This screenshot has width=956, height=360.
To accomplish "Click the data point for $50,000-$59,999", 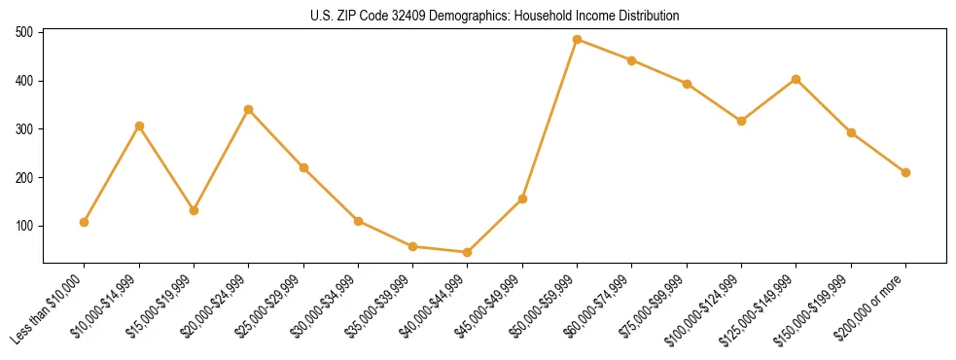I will [x=577, y=40].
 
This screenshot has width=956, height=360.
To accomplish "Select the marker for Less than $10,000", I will [x=85, y=222].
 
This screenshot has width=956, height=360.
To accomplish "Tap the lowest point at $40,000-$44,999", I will [x=468, y=252].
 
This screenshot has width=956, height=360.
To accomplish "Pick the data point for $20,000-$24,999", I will [x=249, y=110].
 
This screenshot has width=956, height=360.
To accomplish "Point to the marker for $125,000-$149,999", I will [x=797, y=79].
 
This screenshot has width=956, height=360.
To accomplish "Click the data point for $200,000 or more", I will [x=905, y=172].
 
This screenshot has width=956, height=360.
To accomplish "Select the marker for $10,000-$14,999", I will [x=139, y=126].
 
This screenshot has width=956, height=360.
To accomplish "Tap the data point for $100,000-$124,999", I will [x=741, y=121].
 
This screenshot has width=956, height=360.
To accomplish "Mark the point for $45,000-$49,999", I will [x=522, y=198].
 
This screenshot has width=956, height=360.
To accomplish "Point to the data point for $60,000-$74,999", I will [x=632, y=60].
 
